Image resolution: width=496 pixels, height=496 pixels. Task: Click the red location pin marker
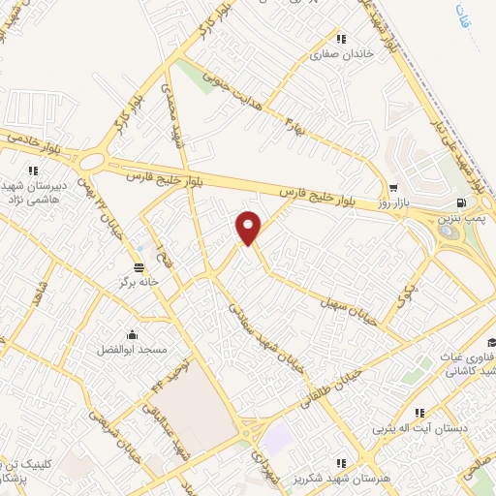point(249,228)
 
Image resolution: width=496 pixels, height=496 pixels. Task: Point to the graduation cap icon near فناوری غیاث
point(492,342)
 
